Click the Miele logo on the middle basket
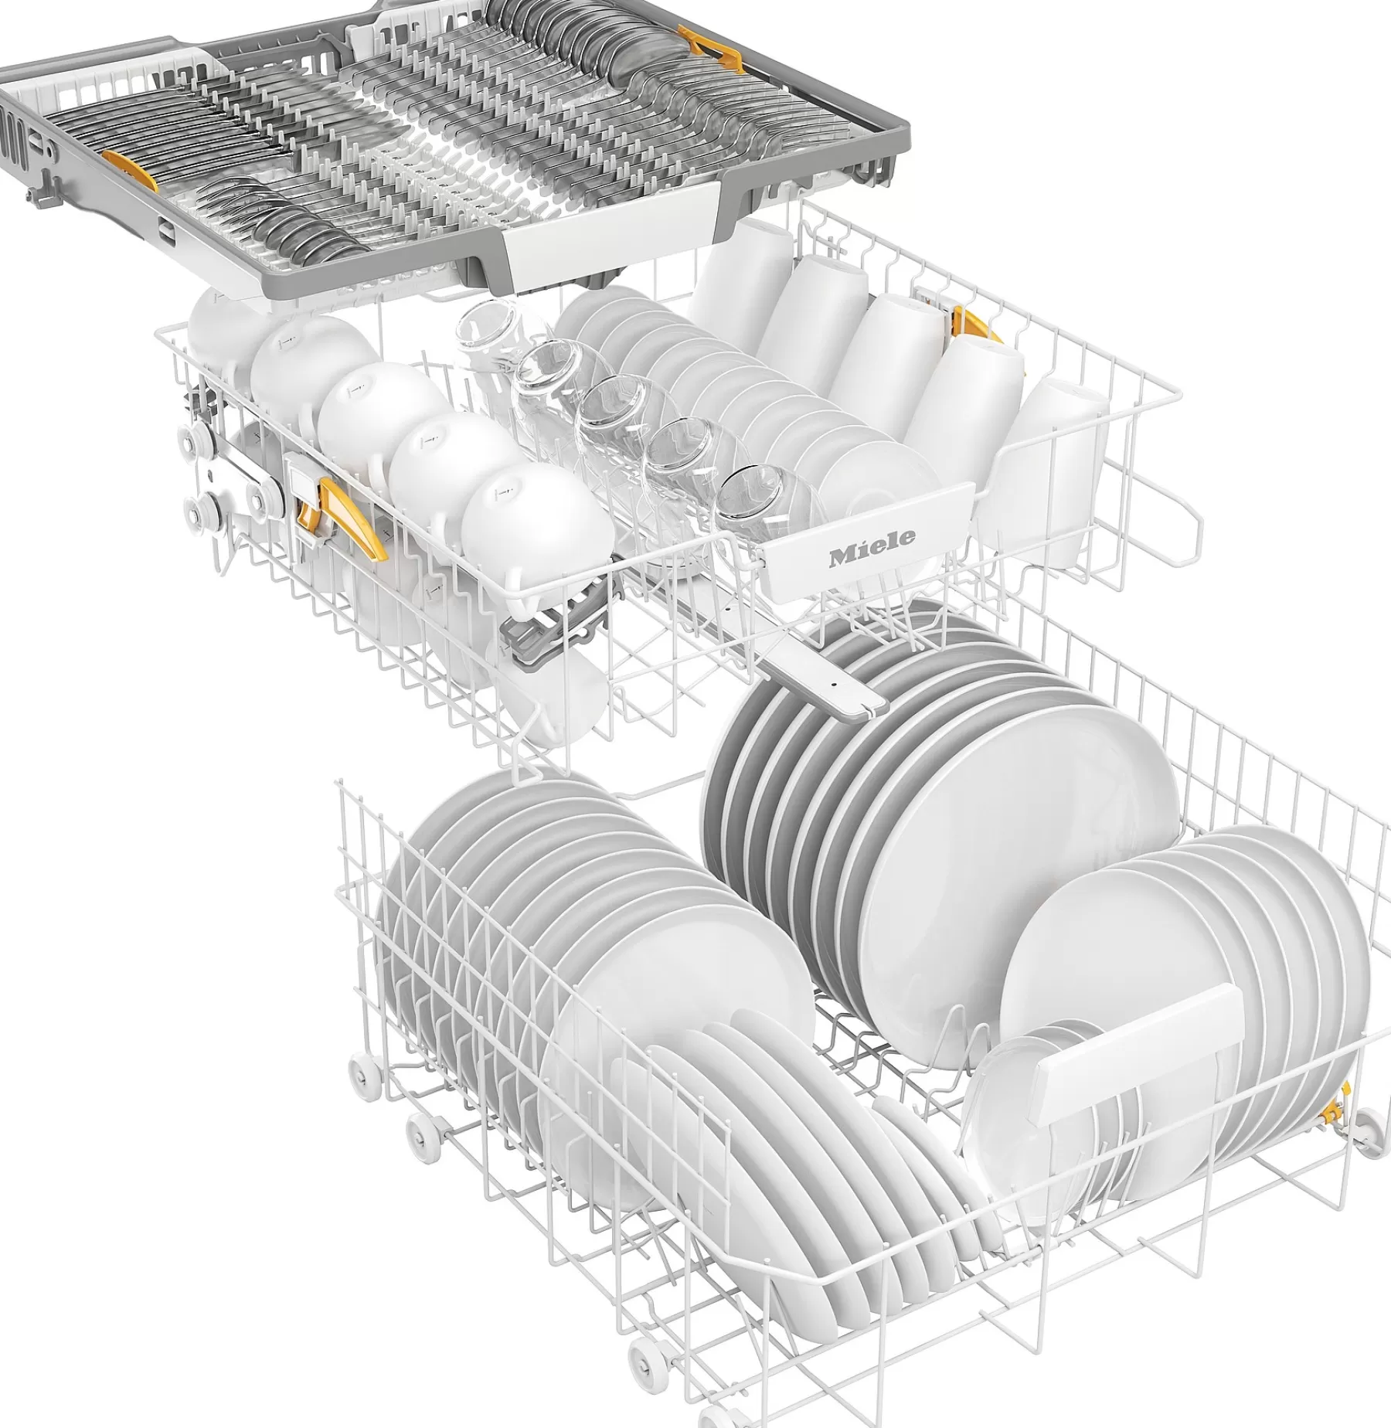pos(872,537)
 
